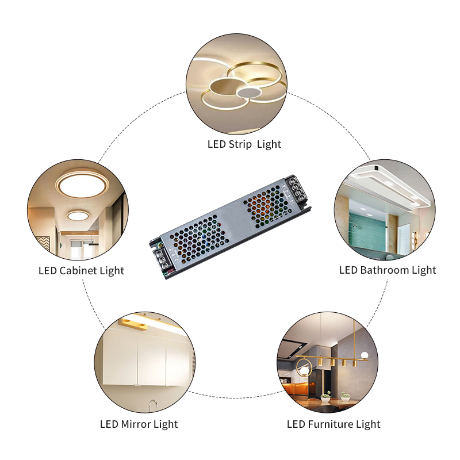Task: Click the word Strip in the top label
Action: pos(240,144)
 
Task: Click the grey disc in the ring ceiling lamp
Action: pos(249,93)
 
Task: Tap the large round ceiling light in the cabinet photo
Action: pos(82,185)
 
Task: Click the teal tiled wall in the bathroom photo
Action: pos(367,232)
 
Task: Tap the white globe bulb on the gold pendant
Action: pos(364,355)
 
